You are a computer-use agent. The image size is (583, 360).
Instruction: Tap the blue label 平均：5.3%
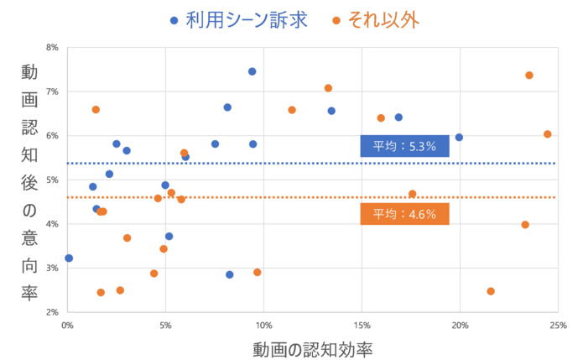click(404, 146)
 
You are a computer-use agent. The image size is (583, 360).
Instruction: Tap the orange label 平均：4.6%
click(404, 214)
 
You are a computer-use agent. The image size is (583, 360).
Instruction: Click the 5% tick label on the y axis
click(52, 180)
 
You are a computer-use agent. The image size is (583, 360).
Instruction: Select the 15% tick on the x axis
click(362, 325)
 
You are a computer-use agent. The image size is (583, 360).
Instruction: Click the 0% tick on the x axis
click(68, 325)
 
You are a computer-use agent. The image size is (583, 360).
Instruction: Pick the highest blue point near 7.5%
click(252, 71)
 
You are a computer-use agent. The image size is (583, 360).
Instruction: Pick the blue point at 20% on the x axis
click(459, 138)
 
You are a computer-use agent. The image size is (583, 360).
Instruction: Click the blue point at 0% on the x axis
click(69, 258)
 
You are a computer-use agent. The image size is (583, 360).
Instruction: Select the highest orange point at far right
click(529, 76)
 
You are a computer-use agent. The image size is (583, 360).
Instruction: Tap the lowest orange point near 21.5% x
click(491, 291)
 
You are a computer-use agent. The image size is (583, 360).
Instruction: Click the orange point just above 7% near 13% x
click(328, 88)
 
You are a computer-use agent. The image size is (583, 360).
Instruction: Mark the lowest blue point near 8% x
click(230, 274)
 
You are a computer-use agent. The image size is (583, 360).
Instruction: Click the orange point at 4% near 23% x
click(525, 225)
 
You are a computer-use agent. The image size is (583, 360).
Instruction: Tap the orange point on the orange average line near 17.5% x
click(412, 194)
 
